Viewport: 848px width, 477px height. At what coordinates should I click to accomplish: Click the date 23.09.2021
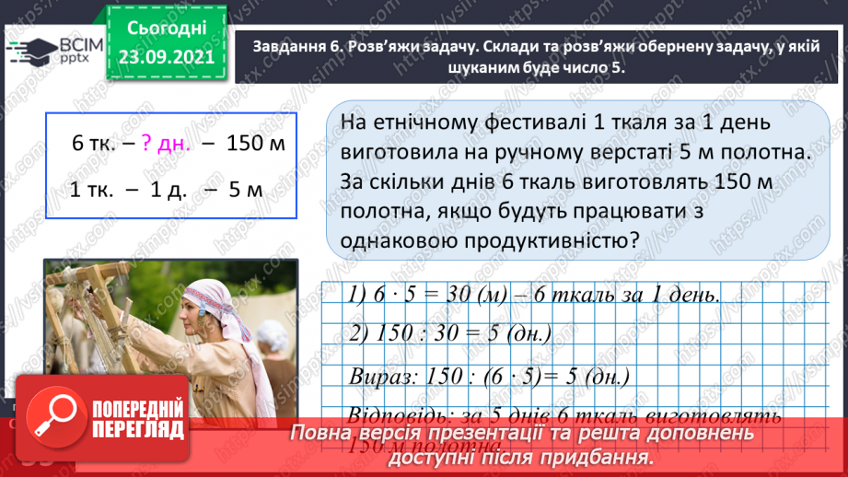tap(167, 56)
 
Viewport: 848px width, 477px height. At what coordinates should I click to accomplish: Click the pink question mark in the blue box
tap(147, 144)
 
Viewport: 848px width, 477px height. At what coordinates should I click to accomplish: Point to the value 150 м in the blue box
tap(256, 144)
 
